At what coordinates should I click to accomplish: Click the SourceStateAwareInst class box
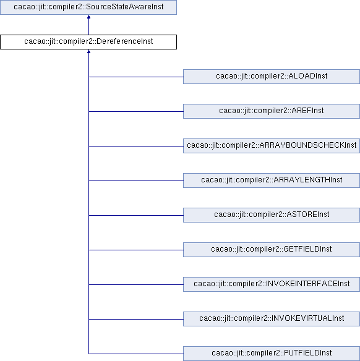88,7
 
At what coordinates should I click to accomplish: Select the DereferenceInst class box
88,42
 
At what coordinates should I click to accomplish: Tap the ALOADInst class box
272,77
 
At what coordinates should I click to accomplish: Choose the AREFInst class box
272,111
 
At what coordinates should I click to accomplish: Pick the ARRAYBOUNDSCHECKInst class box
272,146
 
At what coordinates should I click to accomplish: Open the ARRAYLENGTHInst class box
272,180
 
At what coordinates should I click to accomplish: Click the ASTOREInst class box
272,215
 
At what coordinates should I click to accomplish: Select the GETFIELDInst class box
272,250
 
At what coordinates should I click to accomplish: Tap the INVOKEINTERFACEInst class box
272,284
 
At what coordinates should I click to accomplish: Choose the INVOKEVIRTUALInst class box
272,319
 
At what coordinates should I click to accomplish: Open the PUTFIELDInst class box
272,354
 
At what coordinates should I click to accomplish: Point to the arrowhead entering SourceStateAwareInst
88,17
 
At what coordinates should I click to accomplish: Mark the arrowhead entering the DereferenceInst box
88,51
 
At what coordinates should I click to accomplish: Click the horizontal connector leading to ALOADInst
136,77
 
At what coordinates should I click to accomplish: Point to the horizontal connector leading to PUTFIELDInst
136,354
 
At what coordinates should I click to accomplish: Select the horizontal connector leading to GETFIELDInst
136,250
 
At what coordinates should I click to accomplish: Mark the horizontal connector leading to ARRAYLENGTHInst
136,180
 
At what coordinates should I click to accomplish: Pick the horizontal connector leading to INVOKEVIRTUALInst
136,319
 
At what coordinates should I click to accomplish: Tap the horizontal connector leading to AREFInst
136,111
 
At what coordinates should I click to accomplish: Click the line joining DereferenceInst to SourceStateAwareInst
88,25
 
